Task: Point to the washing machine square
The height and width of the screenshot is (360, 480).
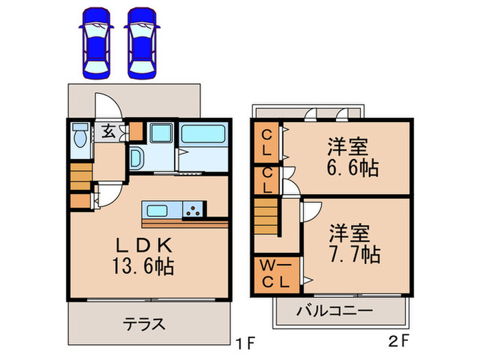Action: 163,133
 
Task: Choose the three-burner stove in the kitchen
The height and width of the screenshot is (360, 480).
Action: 195,211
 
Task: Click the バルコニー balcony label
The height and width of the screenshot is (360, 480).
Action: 335,311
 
